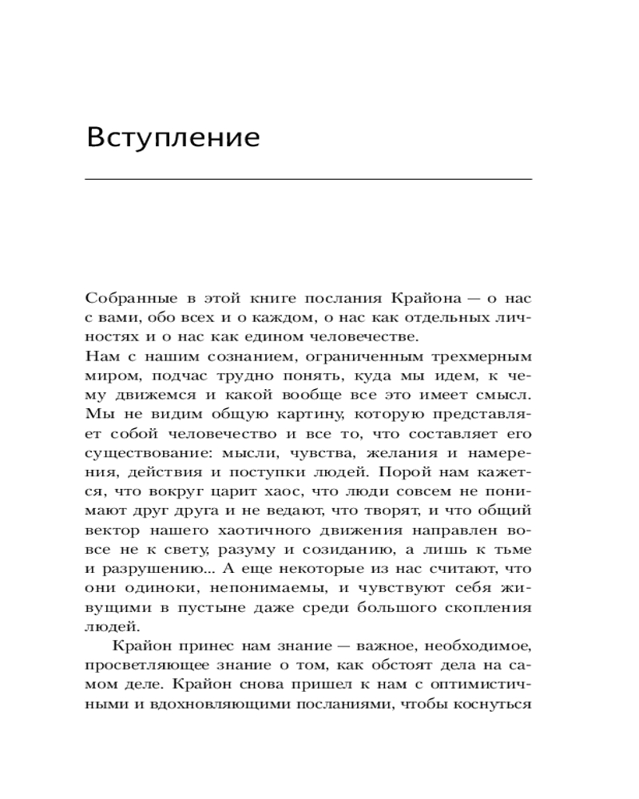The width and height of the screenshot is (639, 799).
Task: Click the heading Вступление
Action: (173, 137)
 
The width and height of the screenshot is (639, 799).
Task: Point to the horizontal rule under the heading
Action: (308, 179)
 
